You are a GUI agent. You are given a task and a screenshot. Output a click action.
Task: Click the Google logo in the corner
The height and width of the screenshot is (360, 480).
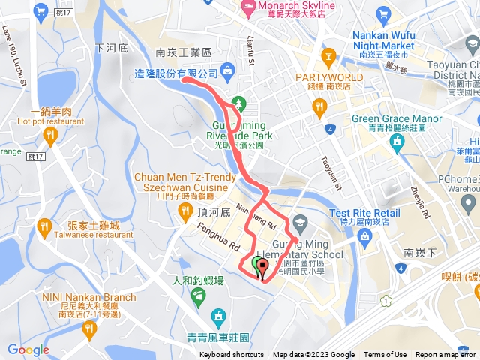28,349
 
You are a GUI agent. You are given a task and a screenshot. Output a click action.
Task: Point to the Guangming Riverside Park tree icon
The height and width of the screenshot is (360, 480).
238,102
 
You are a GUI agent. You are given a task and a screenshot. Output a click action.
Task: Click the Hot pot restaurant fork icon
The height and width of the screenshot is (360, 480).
51,136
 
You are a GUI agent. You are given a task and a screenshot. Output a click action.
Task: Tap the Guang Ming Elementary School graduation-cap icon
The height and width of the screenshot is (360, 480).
300,222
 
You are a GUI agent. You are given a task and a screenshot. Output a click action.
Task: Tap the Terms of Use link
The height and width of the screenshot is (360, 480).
385,355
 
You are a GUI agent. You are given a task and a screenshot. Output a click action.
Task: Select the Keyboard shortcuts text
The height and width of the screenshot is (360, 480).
232,355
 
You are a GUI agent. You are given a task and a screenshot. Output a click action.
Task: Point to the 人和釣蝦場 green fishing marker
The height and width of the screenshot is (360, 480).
198,297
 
